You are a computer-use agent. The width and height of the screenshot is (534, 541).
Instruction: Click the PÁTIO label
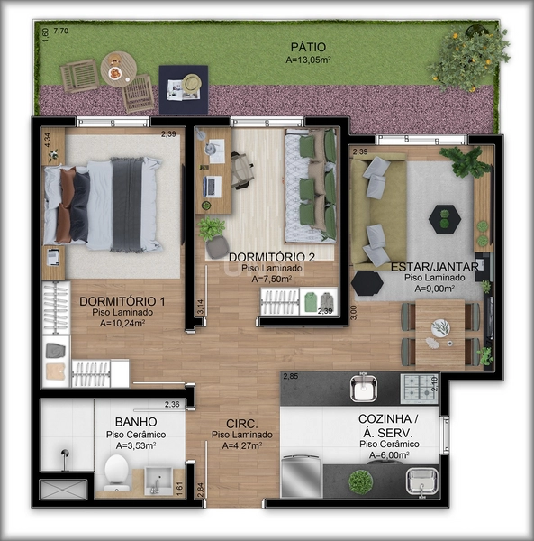(x=307, y=47)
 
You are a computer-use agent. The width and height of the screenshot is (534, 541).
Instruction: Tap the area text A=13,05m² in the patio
(x=307, y=60)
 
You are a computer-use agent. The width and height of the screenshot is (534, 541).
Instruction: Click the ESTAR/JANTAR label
(x=428, y=267)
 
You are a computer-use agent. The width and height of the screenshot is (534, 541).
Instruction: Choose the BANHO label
(x=136, y=422)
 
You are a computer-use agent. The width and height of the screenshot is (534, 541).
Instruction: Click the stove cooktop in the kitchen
(x=419, y=388)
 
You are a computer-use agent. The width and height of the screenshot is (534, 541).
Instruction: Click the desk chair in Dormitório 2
(x=241, y=170)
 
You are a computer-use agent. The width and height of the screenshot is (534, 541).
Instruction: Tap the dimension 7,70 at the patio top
(x=60, y=32)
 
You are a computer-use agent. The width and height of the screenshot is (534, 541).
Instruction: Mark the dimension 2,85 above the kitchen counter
(x=290, y=376)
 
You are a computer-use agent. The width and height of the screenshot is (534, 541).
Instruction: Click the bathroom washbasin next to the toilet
(x=157, y=481)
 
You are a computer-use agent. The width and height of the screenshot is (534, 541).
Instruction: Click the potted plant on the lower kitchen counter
(x=360, y=481)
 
